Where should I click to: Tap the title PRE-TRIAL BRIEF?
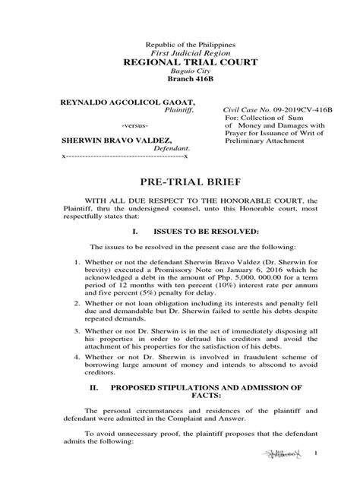click(x=179, y=182)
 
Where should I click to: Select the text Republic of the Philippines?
click(x=179, y=38)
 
